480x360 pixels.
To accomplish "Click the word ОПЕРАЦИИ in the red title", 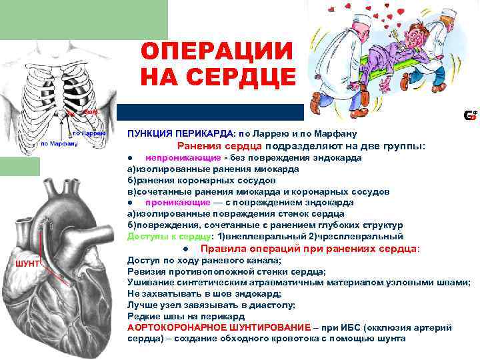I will coord(217,51).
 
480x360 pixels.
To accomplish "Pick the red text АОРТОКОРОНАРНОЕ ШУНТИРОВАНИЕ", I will coord(219,327).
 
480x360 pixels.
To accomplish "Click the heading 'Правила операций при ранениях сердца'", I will coord(310,249).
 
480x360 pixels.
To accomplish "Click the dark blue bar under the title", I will coord(209,112).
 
